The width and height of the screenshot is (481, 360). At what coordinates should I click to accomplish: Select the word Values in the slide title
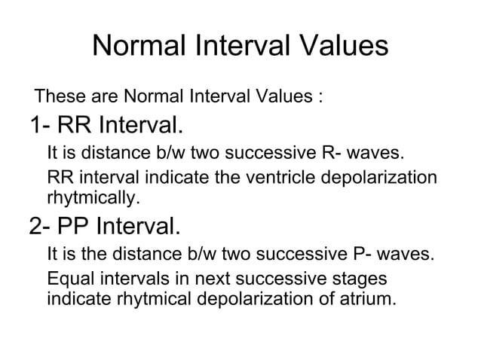[340, 47]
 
